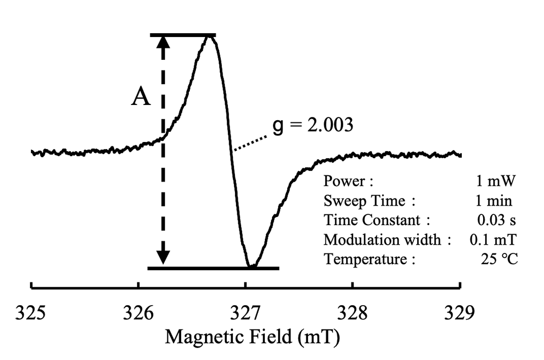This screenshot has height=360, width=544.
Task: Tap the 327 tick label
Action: (245, 314)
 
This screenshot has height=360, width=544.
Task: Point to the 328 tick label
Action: (353, 314)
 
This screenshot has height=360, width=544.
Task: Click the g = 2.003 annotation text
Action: (314, 126)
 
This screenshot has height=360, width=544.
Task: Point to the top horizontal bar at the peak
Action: (183, 35)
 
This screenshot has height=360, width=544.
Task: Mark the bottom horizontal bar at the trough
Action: (213, 268)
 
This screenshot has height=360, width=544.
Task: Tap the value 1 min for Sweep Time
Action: (493, 201)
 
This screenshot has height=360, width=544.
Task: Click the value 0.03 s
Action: (496, 220)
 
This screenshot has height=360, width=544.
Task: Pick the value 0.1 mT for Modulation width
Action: (492, 240)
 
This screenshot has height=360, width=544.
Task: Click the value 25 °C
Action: (499, 259)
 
